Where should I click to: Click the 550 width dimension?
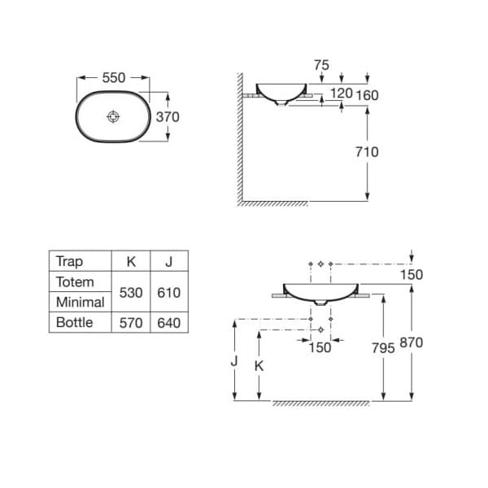pyautogui.click(x=114, y=78)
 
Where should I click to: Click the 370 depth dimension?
pyautogui.click(x=168, y=117)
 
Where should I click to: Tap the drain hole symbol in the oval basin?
pyautogui.click(x=113, y=116)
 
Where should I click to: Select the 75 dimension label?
pyautogui.click(x=321, y=65)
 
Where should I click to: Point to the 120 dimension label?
pyautogui.click(x=342, y=93)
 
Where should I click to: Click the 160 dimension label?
pyautogui.click(x=368, y=95)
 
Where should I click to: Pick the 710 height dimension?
pyautogui.click(x=368, y=152)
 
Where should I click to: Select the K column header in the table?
pyautogui.click(x=131, y=262)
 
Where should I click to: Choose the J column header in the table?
pyautogui.click(x=169, y=262)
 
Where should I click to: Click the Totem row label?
pyautogui.click(x=75, y=282)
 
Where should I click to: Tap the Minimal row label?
pyautogui.click(x=81, y=303)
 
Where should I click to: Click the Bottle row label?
pyautogui.click(x=75, y=322)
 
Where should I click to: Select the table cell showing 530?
pyautogui.click(x=131, y=293)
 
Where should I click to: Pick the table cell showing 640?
pyautogui.click(x=169, y=323)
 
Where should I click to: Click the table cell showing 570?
pyautogui.click(x=131, y=323)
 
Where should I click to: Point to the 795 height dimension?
pyautogui.click(x=383, y=348)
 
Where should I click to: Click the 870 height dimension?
pyautogui.click(x=412, y=342)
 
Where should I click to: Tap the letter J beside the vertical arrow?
pyautogui.click(x=234, y=361)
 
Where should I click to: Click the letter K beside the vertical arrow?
pyautogui.click(x=259, y=366)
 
